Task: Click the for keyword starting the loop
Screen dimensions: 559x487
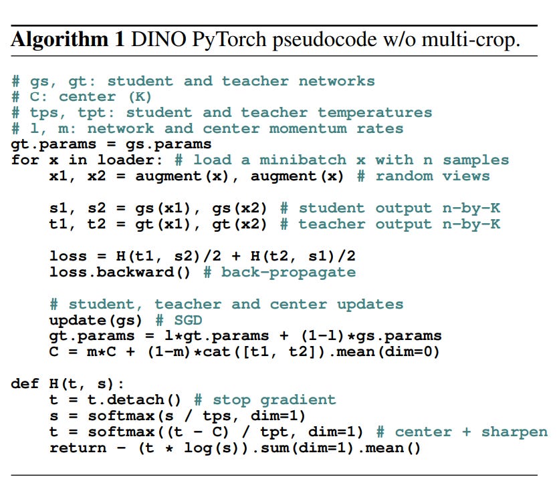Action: click(25, 161)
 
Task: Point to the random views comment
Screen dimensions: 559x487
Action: click(432, 177)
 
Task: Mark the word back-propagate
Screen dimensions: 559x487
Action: click(288, 273)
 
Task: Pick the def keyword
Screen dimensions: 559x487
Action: click(25, 384)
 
